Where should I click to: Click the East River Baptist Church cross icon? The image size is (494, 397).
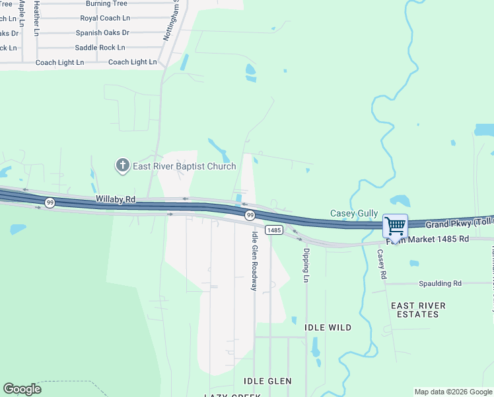[122, 165]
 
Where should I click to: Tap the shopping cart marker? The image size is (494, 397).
[395, 226]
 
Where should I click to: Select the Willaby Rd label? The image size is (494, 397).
[115, 198]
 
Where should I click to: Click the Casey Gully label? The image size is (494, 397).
[354, 213]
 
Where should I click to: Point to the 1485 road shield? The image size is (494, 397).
[275, 230]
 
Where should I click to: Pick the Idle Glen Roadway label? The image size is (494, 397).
[254, 261]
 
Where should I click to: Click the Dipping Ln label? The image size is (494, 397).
[306, 265]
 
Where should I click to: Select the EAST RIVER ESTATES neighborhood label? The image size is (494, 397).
[418, 310]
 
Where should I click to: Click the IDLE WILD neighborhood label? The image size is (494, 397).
[328, 328]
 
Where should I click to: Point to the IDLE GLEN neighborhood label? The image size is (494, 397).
[267, 381]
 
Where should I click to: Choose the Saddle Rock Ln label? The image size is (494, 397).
[100, 48]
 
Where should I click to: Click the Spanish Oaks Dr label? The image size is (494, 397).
[102, 32]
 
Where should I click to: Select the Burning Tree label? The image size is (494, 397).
[106, 4]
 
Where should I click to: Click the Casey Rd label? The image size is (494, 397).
[381, 264]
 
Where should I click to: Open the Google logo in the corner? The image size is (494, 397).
[22, 389]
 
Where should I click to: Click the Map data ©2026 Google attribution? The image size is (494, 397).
[453, 392]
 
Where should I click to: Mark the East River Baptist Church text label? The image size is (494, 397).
[184, 166]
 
